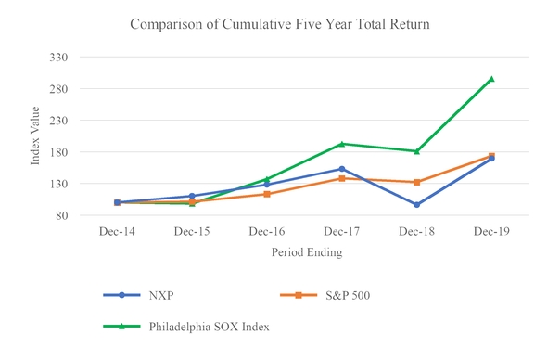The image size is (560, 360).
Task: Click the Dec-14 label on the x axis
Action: (117, 231)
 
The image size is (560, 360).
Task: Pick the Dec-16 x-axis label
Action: (267, 231)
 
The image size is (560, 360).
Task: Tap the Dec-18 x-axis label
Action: (416, 231)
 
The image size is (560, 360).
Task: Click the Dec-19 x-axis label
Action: (491, 231)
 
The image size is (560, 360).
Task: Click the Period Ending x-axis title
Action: (306, 251)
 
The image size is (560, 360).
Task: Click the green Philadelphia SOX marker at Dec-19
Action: (491, 79)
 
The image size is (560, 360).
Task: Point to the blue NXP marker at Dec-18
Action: (416, 205)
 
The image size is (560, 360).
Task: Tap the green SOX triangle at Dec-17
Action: (342, 144)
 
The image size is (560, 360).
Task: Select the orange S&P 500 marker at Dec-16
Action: (267, 194)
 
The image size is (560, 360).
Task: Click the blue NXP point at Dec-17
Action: (342, 169)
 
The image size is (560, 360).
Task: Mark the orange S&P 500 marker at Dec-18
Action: (416, 182)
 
